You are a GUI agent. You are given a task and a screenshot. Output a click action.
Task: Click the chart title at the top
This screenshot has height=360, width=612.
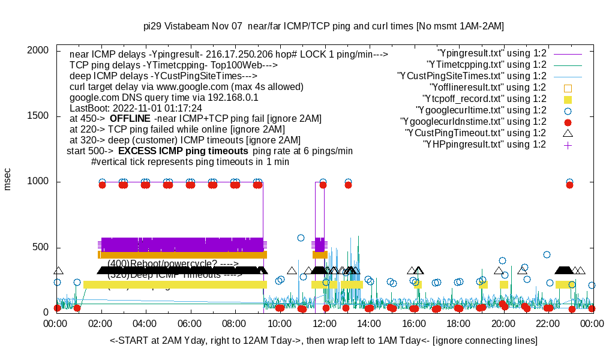point(323,26)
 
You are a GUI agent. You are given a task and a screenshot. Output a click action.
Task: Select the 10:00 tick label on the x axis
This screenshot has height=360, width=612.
point(280,324)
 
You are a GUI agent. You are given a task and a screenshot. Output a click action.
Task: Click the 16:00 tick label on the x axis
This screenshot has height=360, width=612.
point(413,324)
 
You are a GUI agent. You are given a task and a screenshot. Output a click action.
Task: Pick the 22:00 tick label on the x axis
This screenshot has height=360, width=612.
point(547,324)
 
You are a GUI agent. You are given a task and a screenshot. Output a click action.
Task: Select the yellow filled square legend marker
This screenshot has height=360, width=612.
point(568,99)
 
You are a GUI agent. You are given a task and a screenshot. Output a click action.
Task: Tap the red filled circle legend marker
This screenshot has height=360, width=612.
point(568,122)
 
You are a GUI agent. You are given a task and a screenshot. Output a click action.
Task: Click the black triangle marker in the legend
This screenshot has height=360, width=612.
point(568,133)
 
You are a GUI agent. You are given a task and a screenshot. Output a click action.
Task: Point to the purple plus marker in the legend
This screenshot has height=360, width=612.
point(568,145)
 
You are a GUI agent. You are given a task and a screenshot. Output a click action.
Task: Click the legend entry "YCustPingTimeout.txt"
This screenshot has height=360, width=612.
point(475,133)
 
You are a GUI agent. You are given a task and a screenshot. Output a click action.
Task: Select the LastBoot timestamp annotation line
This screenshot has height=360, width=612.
point(136,108)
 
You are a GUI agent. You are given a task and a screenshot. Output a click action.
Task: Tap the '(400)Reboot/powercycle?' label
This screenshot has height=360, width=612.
point(173,263)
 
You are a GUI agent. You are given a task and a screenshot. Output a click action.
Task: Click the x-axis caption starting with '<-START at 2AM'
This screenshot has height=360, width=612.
point(323,341)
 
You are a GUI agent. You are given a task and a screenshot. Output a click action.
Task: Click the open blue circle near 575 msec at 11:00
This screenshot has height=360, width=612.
point(301,238)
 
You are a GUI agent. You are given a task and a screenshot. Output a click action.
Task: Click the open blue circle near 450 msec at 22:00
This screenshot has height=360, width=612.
point(547,254)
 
